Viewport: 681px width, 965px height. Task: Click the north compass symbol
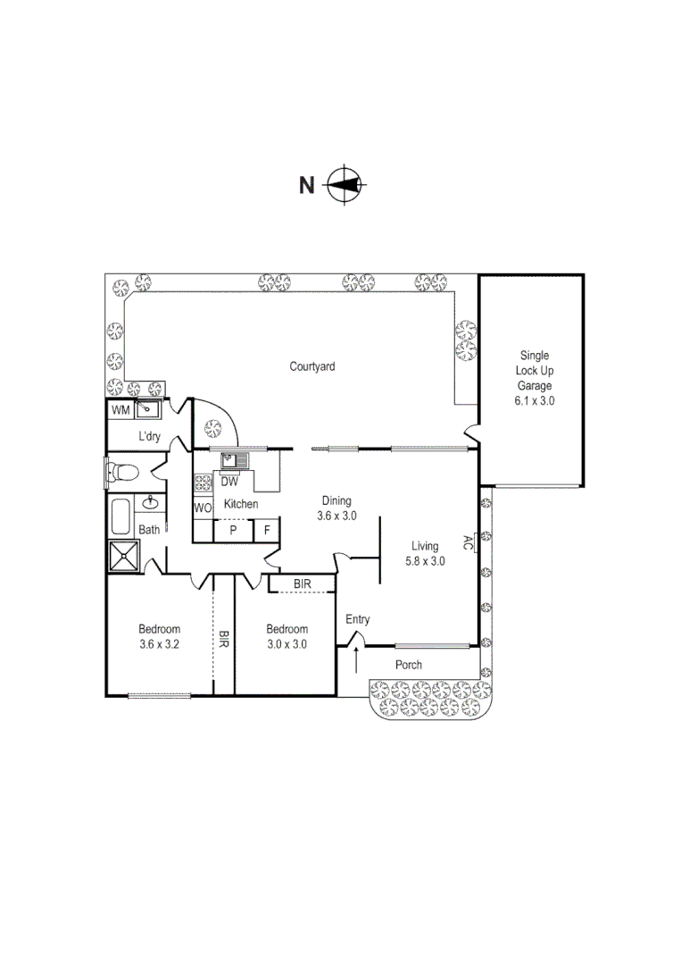(345, 185)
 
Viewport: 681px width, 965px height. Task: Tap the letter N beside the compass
(306, 186)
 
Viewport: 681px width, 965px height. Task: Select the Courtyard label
(312, 366)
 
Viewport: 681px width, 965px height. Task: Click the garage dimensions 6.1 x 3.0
(534, 401)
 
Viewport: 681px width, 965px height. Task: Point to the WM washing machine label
(120, 410)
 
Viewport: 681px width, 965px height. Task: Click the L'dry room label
(148, 437)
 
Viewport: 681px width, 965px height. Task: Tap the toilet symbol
(120, 471)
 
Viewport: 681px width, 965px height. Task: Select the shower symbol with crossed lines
(123, 556)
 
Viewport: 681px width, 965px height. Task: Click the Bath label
(149, 530)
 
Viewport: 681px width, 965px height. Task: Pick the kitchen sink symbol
(234, 460)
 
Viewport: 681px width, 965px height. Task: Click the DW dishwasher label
(229, 481)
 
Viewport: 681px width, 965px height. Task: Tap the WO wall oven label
(203, 508)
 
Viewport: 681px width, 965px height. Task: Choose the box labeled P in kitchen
(233, 530)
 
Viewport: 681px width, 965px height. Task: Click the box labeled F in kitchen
(266, 530)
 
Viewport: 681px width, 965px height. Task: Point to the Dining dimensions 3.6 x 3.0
(336, 516)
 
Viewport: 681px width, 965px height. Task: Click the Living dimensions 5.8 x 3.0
(424, 561)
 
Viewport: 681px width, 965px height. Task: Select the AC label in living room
(467, 541)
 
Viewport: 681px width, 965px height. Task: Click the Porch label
(409, 665)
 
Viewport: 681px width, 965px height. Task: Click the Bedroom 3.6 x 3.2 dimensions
(159, 643)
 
